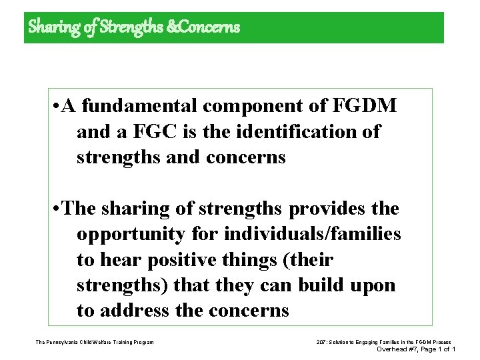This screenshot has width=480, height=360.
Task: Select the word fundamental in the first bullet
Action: click(142, 105)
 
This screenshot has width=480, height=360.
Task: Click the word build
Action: click(325, 285)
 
